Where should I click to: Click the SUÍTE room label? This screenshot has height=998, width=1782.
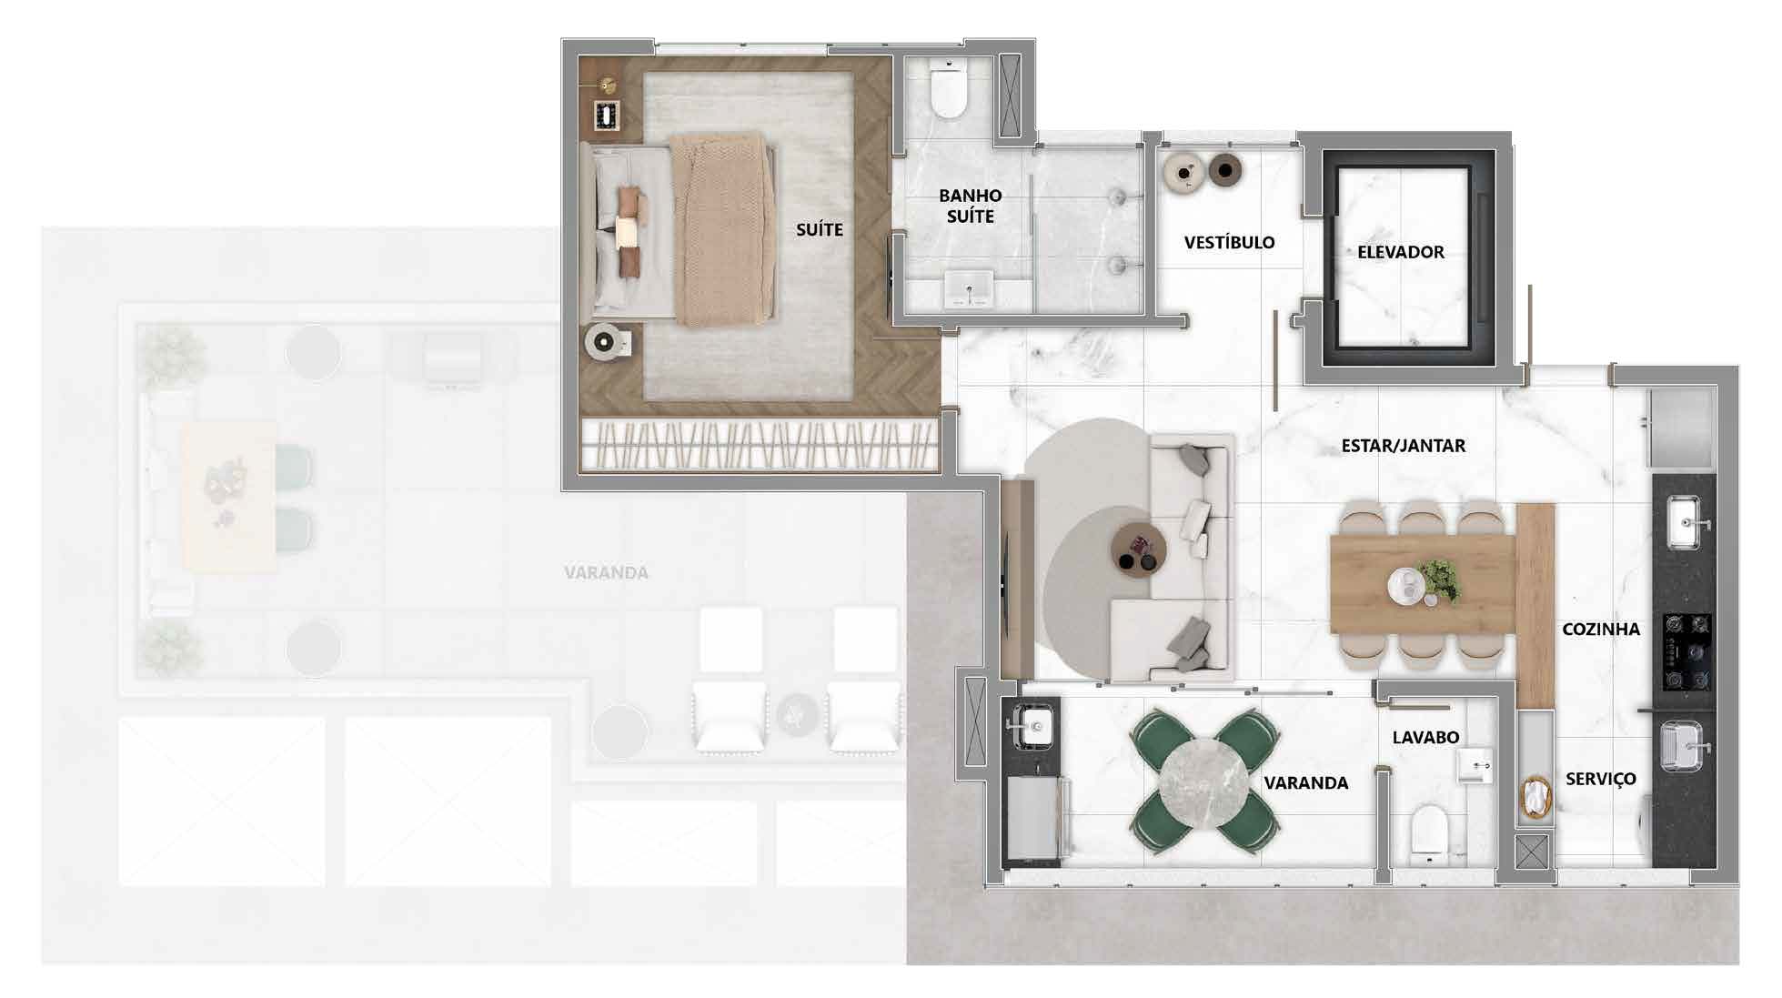tap(820, 229)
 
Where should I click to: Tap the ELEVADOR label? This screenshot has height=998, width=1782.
tap(1401, 252)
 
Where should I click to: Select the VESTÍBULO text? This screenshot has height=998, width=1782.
tap(1229, 242)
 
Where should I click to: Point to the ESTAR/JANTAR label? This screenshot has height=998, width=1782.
tap(1404, 446)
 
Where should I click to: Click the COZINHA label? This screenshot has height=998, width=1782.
tap(1601, 629)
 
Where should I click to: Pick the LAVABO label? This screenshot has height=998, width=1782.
tap(1425, 737)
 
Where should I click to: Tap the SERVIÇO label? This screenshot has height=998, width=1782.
tap(1601, 779)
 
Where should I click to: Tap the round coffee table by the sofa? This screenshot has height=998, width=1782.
tap(1139, 547)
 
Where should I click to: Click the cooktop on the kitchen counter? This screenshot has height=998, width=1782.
tap(1687, 652)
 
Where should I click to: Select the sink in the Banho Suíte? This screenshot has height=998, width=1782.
tap(969, 288)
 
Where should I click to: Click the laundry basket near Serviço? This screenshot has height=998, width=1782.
tap(1535, 800)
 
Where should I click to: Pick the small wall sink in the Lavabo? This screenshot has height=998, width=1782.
tap(1475, 766)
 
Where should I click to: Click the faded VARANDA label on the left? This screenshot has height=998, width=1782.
tap(606, 572)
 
